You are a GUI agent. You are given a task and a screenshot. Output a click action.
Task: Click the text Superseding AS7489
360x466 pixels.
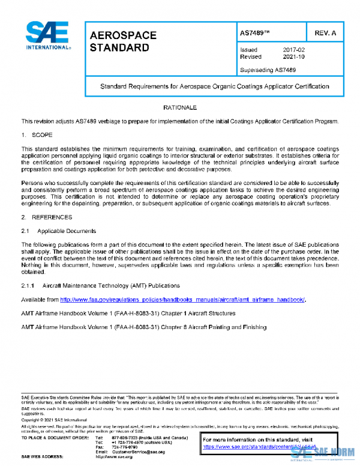[268, 70]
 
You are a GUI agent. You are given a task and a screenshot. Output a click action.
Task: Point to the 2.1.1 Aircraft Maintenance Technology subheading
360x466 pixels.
[101, 285]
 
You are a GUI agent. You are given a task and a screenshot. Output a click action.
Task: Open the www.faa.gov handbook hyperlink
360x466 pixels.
[183, 299]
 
